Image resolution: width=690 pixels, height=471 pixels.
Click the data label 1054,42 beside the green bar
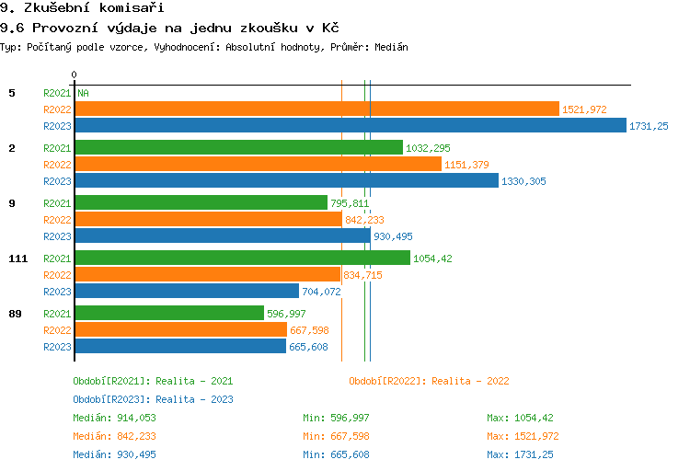pyautogui.click(x=432, y=258)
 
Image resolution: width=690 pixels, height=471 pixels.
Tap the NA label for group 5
pyautogui.click(x=83, y=93)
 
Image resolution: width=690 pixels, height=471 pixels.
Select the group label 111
pyautogui.click(x=17, y=258)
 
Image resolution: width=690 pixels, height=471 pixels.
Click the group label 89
pyautogui.click(x=15, y=314)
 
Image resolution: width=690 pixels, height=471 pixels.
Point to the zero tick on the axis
pyautogui.click(x=75, y=75)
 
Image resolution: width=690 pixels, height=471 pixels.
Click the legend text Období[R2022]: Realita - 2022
pyautogui.click(x=429, y=381)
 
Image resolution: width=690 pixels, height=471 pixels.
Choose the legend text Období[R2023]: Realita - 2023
pyautogui.click(x=153, y=399)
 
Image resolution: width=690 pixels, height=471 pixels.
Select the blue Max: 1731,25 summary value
pyautogui.click(x=520, y=454)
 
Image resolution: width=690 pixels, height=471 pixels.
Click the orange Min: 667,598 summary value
pyautogui.click(x=336, y=436)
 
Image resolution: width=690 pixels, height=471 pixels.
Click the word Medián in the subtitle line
pyautogui.click(x=392, y=47)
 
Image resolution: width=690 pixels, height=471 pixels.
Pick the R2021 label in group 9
pyautogui.click(x=57, y=203)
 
